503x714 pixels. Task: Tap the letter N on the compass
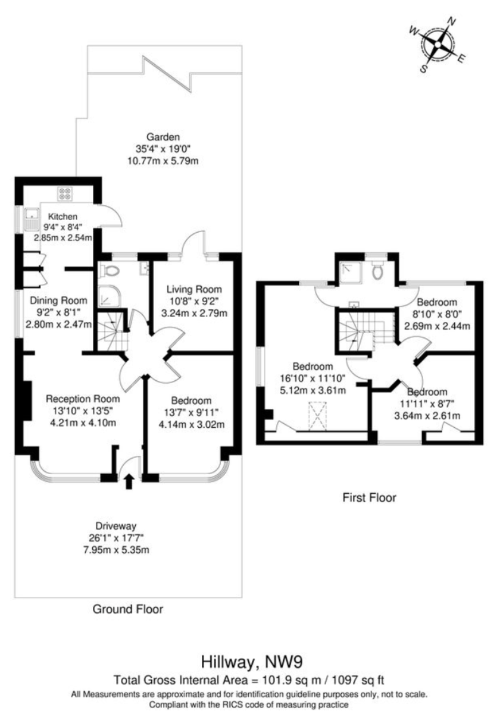click(451, 21)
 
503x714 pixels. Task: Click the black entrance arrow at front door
click(128, 481)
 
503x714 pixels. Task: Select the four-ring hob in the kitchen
click(65, 193)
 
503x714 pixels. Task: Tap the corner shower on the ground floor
click(109, 296)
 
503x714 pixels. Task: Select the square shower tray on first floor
click(350, 273)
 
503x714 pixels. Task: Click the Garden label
click(163, 137)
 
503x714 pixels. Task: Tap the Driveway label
click(116, 526)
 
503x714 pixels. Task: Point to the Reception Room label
click(83, 399)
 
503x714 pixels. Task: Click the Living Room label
click(194, 289)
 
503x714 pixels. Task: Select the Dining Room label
click(58, 300)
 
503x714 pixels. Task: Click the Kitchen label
click(63, 217)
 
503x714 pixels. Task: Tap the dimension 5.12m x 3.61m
click(313, 390)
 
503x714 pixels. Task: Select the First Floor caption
click(369, 497)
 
